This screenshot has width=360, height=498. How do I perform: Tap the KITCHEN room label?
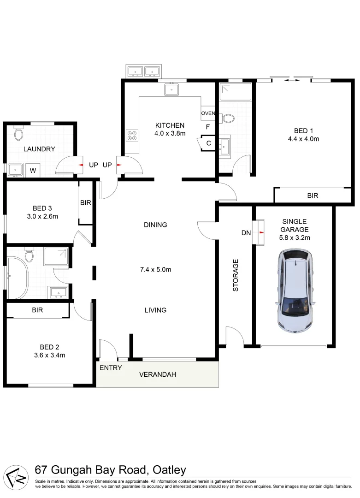170,125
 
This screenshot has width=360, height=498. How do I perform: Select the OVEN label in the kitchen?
208,113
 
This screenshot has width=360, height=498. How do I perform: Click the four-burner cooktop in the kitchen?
132,136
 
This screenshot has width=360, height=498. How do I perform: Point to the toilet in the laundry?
18,134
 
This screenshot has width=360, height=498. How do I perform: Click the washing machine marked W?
33,170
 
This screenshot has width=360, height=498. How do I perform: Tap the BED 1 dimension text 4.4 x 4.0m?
303,138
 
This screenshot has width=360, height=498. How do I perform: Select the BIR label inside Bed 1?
313,196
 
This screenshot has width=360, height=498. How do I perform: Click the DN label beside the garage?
246,233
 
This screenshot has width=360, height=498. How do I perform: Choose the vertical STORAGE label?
236,275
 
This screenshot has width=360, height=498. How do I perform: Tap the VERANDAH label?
158,374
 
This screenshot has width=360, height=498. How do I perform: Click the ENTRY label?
111,368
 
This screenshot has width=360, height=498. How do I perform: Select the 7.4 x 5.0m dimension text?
155,270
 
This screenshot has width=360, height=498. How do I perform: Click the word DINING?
155,225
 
